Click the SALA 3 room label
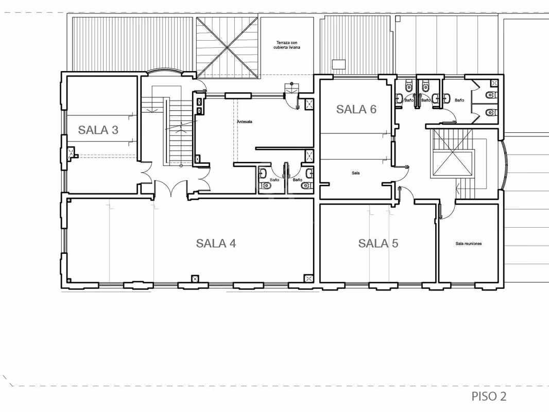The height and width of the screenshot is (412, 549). click(98, 130)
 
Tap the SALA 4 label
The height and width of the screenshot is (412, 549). click(216, 243)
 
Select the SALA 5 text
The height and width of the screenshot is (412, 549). click(378, 243)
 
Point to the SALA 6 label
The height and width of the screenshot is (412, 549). click(356, 109)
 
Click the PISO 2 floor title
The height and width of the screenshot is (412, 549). click(489, 397)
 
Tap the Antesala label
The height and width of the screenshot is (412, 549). click(245, 122)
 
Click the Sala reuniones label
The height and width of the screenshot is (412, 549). click(469, 244)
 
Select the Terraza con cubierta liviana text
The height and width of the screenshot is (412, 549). click(287, 45)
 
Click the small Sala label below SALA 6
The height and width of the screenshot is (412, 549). click(356, 173)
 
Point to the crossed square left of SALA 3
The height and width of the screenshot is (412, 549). click(72, 152)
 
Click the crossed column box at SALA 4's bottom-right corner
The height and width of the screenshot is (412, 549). click(308, 279)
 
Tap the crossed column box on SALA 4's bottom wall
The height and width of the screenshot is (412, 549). click(195, 279)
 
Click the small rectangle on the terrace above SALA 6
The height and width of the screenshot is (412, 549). click(338, 64)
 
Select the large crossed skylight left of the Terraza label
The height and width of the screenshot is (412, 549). click(228, 47)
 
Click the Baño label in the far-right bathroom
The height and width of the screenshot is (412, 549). click(459, 100)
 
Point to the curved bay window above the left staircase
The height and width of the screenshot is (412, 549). click(164, 72)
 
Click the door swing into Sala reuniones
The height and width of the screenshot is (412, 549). click(448, 212)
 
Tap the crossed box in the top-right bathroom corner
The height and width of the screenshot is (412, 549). click(494, 83)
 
